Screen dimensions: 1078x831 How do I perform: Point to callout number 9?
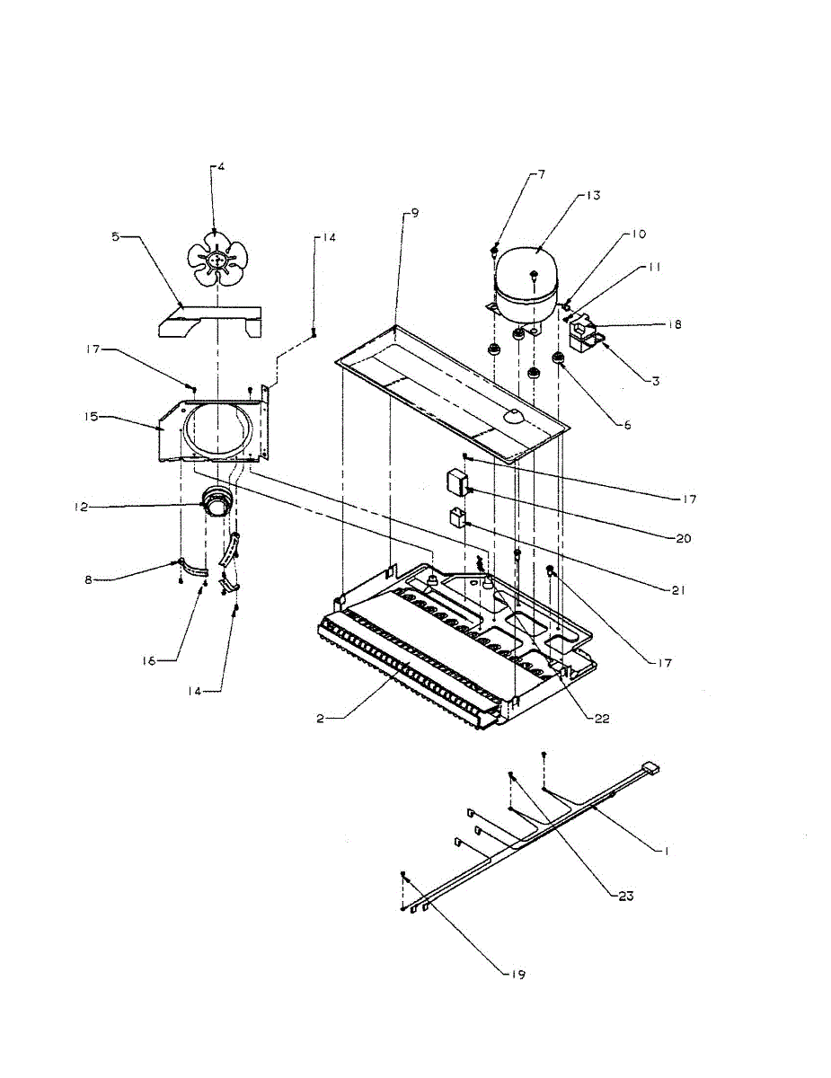[x=414, y=213]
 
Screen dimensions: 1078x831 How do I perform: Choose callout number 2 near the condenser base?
[x=321, y=720]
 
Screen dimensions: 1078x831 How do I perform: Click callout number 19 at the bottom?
[x=518, y=974]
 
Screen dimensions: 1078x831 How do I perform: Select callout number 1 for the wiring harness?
[x=666, y=849]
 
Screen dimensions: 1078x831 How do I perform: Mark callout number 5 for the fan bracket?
[x=116, y=237]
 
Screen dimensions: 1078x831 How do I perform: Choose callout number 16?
[x=148, y=660]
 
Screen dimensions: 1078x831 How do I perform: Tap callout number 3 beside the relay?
[x=657, y=381]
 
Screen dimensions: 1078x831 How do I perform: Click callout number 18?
[x=674, y=324]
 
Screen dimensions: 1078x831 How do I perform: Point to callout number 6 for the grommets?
[x=627, y=424]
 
